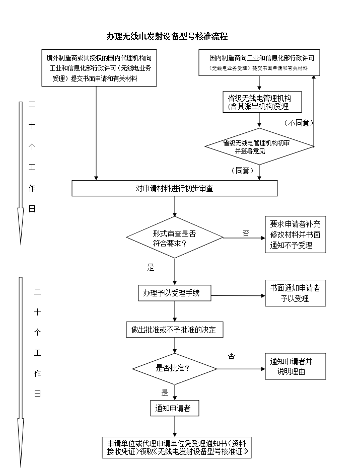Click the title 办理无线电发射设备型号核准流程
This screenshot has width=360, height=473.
167,36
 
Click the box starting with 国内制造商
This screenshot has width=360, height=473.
259,62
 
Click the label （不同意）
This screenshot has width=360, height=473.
299,123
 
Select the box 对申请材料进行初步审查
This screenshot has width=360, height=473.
174,188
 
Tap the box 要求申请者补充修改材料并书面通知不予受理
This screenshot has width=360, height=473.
295,234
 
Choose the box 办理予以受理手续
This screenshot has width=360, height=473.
174,293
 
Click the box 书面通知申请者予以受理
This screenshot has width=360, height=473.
295,293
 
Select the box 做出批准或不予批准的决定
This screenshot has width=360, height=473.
174,330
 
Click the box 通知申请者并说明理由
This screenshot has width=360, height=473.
295,366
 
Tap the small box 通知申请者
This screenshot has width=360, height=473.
174,408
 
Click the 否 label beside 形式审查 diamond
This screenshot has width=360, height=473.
246,233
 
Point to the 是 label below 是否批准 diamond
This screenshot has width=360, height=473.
165,392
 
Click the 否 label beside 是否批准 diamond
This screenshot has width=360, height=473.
231,356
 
